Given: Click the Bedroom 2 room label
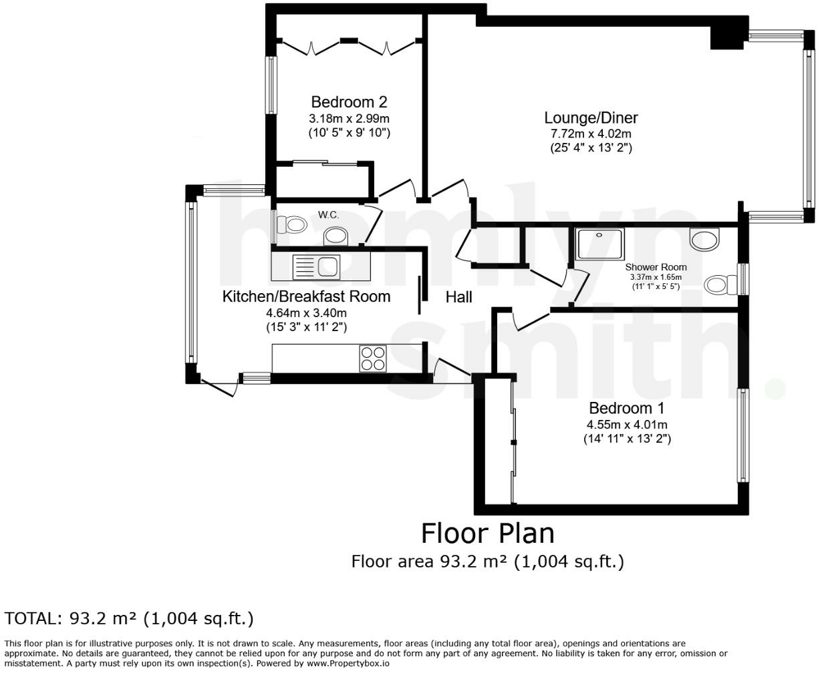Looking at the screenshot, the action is coord(349,102).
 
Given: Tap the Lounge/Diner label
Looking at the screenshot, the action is coord(591,118).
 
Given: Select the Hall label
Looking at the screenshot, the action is coord(458,297).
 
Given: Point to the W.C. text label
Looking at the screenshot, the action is coord(328,214).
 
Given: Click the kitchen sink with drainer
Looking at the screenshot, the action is coord(316,267).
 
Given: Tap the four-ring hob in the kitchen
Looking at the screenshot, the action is coord(373,359).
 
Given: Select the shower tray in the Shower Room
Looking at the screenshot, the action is coord(599,244).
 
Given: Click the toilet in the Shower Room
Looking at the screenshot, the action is coord(720,284).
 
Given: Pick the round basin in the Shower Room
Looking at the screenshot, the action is coord(704,239).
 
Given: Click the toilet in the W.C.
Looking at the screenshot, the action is coord(291,225).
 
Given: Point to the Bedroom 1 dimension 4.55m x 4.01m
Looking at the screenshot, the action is coord(627,425).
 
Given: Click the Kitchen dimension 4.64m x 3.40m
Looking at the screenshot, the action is coord(306,313).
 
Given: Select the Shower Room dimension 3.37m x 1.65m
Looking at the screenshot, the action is coord(656,277).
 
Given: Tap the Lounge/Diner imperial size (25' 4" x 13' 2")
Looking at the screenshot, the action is coord(591,148).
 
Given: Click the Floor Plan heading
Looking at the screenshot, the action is coord(488,533).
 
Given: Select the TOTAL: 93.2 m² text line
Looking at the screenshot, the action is coord(129,618).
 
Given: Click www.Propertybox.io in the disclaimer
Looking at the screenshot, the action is coord(348,663).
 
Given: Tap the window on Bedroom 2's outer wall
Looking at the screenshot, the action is coord(271,85).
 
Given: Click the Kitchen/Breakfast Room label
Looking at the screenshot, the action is coord(306,296).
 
